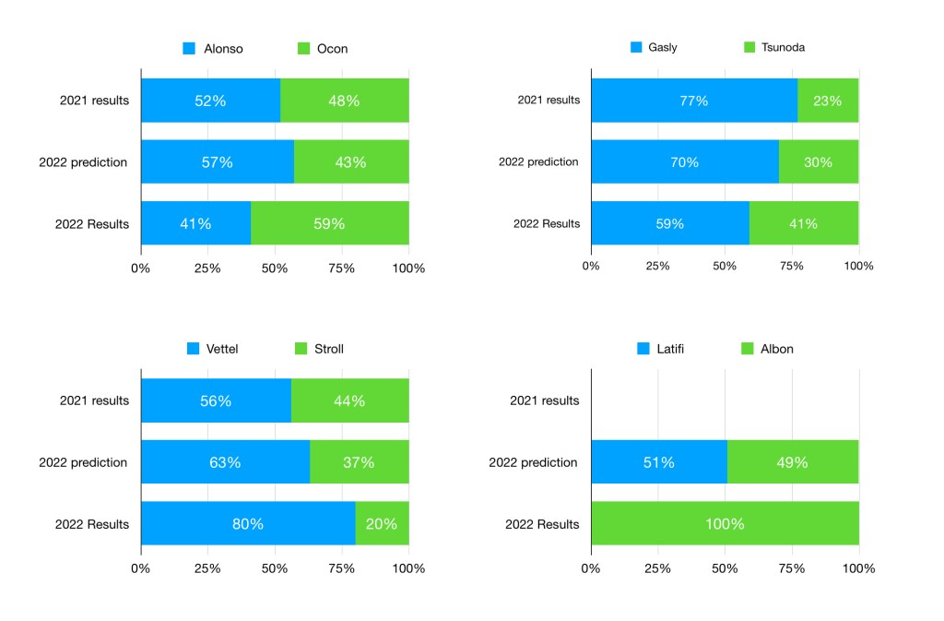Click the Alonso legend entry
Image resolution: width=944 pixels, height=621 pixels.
[213, 49]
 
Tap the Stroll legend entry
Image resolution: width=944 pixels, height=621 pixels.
[318, 349]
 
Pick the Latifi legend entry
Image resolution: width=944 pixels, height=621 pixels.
[663, 349]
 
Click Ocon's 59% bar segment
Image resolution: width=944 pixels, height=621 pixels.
[329, 223]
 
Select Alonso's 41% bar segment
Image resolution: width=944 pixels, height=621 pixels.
[195, 223]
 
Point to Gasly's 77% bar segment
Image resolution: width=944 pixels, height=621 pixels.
[693, 101]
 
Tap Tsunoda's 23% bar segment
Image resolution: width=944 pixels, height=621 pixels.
[827, 101]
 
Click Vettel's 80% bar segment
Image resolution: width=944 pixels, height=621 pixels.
[247, 524]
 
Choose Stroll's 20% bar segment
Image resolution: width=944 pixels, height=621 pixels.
[382, 524]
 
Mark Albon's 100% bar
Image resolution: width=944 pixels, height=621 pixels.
[725, 524]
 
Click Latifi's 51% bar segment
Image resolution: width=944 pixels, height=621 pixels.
[658, 462]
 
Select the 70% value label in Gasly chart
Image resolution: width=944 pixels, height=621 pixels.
[685, 162]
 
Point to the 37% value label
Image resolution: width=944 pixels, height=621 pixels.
[359, 462]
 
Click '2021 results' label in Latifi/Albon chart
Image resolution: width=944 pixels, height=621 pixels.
[544, 400]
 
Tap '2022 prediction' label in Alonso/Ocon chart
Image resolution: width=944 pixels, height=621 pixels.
[83, 162]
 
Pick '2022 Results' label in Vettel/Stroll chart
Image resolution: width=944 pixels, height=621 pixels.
[92, 524]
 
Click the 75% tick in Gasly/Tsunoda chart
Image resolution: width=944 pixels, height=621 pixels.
[792, 266]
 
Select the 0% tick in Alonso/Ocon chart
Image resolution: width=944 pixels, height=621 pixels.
[140, 269]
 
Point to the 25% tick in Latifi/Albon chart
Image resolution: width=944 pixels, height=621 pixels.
[657, 568]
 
